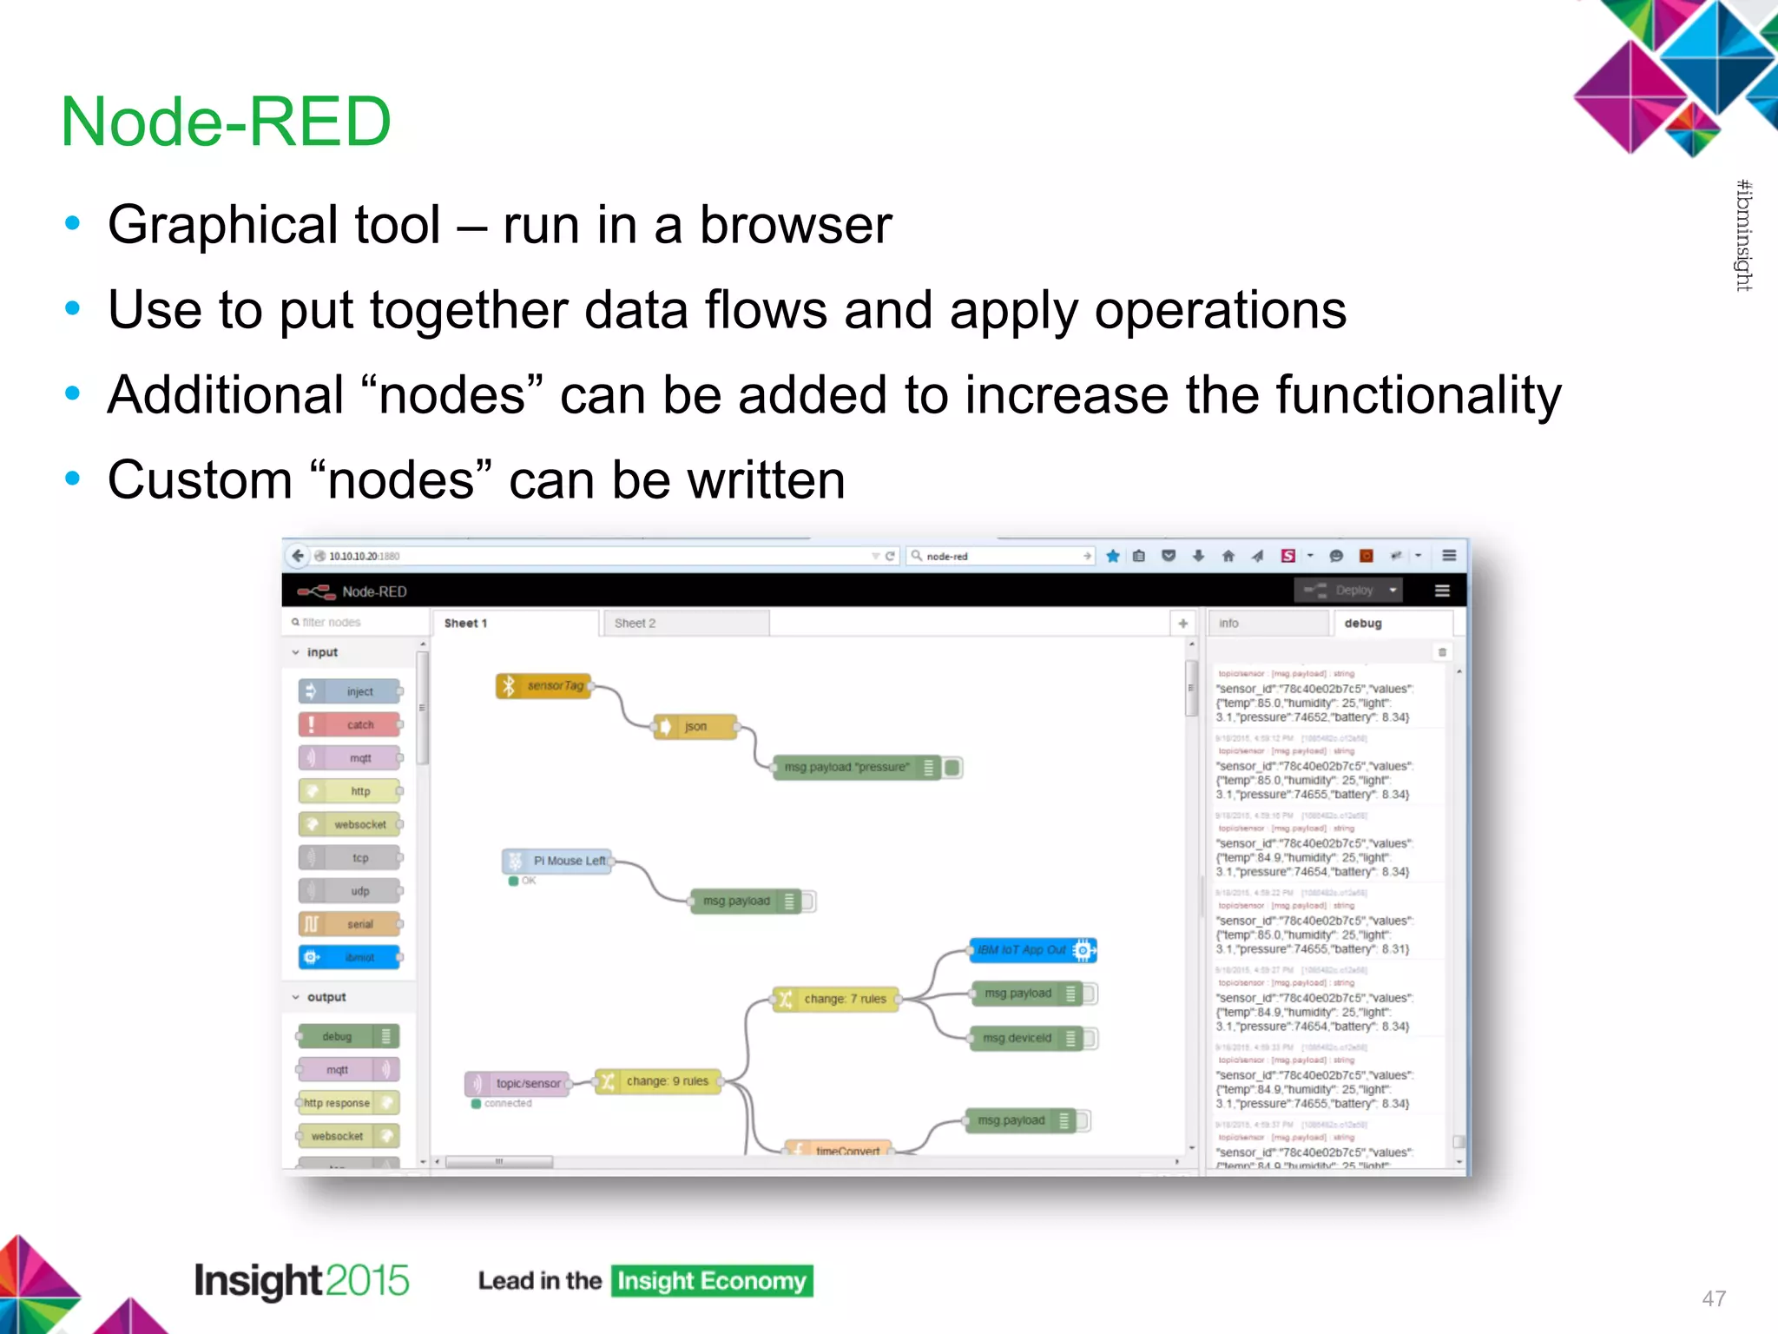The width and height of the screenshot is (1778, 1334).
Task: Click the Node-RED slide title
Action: (226, 122)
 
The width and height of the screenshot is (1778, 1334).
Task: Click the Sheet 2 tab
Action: (635, 624)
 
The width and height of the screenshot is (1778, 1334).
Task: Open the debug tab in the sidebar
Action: (1362, 624)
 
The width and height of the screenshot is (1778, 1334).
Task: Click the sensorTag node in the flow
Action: (545, 686)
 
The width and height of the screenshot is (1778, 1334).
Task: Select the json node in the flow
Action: (695, 726)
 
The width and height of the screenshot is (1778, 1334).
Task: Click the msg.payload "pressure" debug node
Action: (855, 768)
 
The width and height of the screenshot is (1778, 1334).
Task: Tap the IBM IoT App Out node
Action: (1031, 950)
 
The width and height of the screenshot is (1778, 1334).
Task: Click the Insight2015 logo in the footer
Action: (301, 1281)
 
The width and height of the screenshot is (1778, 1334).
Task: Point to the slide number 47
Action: (1713, 1298)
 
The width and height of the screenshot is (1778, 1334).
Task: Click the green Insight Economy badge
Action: (712, 1281)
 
